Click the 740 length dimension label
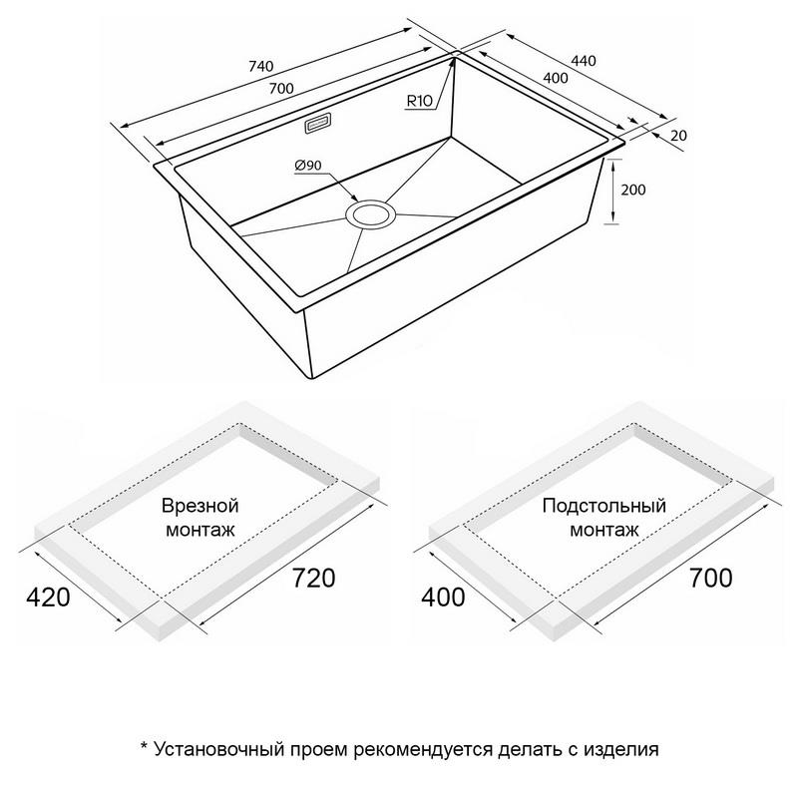click(x=261, y=66)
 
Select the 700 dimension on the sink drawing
click(x=281, y=89)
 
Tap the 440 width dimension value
click(x=584, y=61)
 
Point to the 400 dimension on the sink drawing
click(x=556, y=78)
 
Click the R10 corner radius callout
click(x=419, y=101)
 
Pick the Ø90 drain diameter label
click(x=308, y=165)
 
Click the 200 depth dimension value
click(x=633, y=190)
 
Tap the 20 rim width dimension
click(x=678, y=136)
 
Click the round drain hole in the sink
click(x=370, y=214)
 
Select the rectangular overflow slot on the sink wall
click(x=318, y=123)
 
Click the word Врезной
click(x=200, y=506)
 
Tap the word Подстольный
click(x=604, y=506)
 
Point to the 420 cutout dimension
click(x=48, y=597)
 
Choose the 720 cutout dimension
click(x=313, y=578)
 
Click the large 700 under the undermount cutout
click(x=711, y=578)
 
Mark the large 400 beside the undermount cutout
click(x=443, y=597)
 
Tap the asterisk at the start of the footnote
click(x=144, y=745)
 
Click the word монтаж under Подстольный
click(x=604, y=531)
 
